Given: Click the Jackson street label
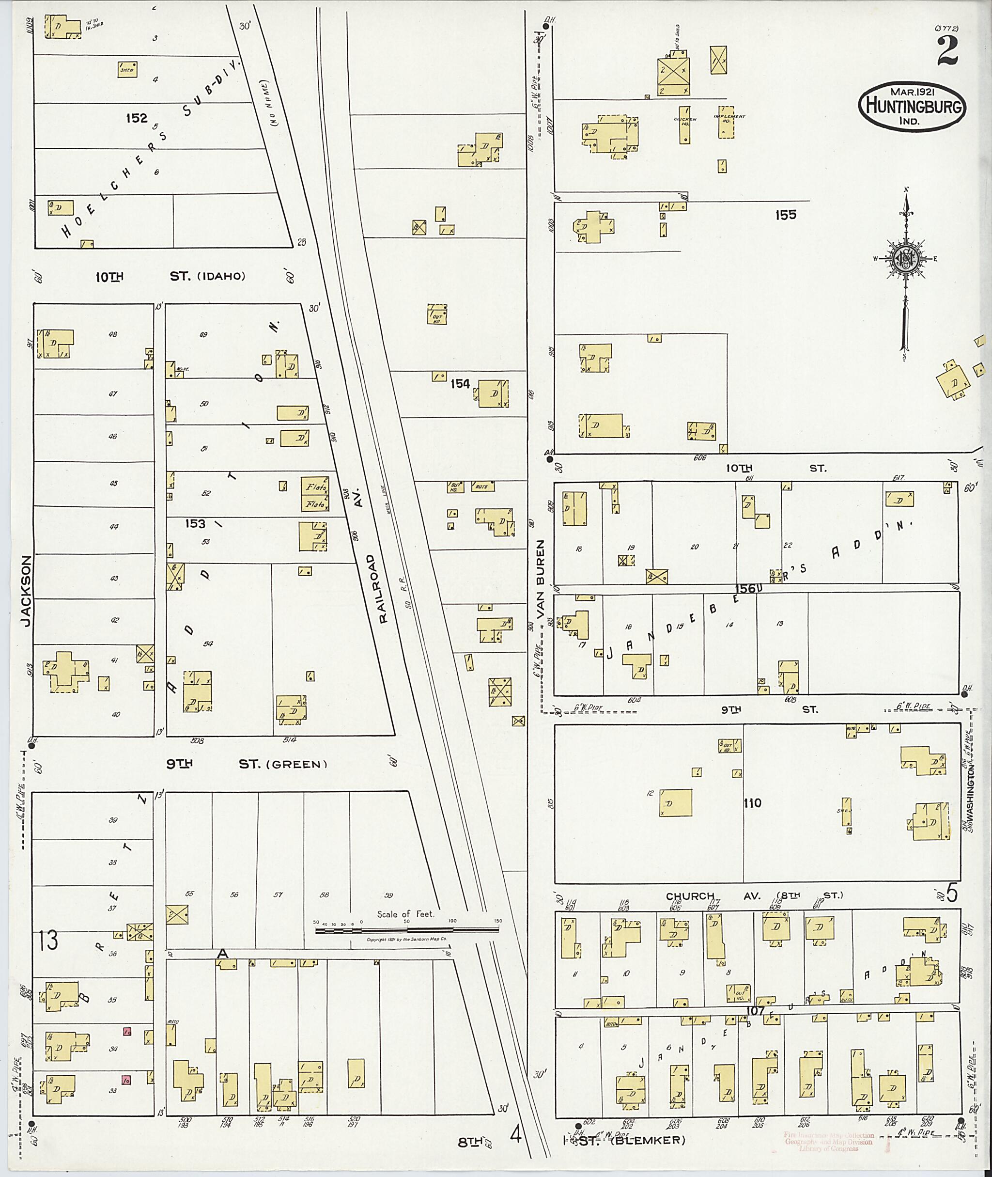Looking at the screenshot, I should coord(25,591).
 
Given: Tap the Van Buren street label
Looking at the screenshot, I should coord(541,580).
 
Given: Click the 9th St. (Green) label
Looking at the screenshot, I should coord(247,764).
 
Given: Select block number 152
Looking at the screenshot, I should coord(137,118).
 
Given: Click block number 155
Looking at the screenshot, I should coord(785,214).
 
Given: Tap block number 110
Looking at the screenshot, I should coord(752,803).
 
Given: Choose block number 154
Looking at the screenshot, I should coord(460,384).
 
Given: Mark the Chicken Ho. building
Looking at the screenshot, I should coord(684,125).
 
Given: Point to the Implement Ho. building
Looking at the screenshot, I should coord(727,123).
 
